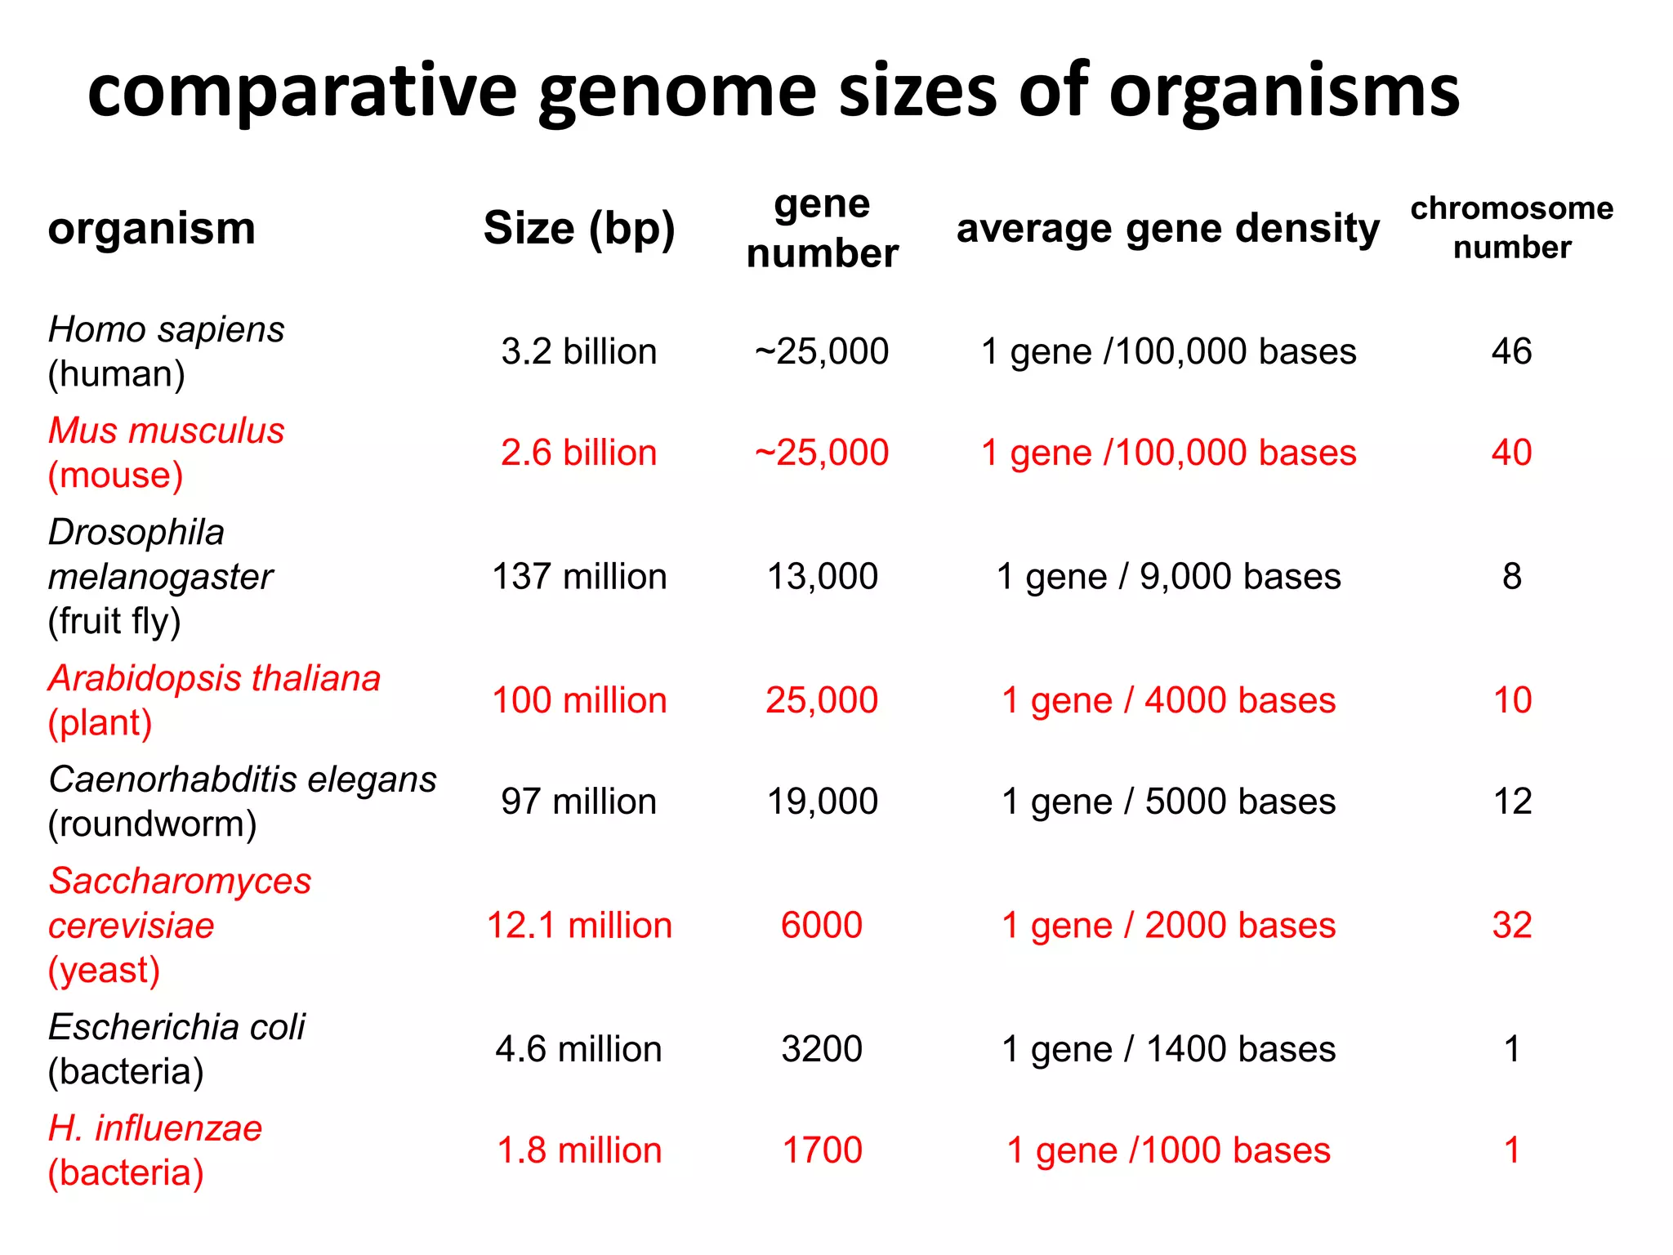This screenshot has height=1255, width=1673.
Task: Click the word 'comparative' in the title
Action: pos(302,92)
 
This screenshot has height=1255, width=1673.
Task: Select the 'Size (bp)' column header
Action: pos(579,228)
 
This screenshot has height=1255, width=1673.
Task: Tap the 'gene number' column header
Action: pos(822,229)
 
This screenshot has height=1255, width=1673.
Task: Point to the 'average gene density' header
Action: pos(1168,228)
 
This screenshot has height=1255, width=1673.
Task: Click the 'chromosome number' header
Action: pos(1512,228)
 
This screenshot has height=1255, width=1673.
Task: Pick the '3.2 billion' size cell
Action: pos(579,352)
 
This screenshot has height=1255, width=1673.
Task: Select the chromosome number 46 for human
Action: pos(1511,352)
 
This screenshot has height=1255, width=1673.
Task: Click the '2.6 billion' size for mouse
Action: pos(579,453)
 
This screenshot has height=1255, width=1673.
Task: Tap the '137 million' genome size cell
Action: pos(579,577)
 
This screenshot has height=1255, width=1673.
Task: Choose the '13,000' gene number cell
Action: pos(822,577)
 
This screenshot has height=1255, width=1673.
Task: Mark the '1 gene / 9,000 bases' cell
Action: pos(1168,577)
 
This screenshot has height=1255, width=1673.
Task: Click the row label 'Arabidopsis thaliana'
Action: pos(214,679)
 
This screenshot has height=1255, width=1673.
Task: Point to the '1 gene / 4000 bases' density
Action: pos(1168,701)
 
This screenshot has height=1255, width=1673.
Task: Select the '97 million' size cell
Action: pos(579,802)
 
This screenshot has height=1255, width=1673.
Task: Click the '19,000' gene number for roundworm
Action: pos(822,802)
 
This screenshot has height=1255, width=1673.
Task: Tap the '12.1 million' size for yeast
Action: pos(579,926)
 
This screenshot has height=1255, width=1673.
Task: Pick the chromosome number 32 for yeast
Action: pos(1511,926)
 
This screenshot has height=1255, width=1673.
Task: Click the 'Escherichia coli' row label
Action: pos(176,1027)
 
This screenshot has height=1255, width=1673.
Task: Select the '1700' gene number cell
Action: pos(822,1151)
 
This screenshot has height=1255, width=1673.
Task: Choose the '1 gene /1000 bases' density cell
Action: pos(1168,1151)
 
